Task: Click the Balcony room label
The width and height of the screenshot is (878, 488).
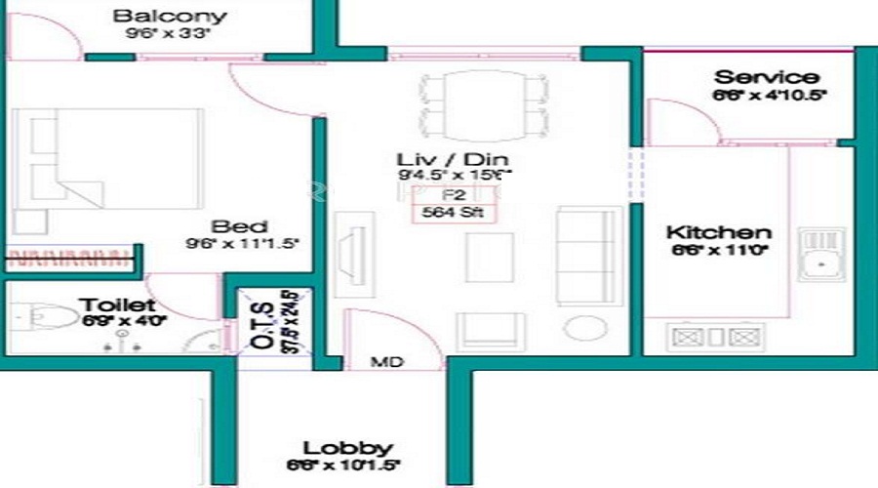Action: (170, 16)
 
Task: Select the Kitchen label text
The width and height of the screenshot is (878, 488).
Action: (718, 233)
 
